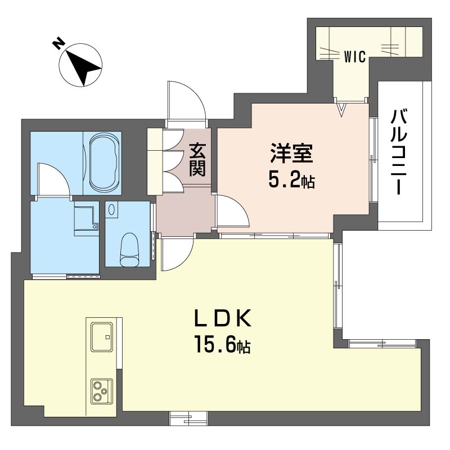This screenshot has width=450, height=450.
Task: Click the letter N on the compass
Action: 57,43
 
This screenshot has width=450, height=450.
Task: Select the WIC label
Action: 355,56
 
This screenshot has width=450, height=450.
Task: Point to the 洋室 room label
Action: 291,154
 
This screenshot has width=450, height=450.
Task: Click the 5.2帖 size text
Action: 291,181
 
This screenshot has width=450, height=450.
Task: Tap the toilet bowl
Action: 130,247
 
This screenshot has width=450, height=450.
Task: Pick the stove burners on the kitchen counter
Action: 102,390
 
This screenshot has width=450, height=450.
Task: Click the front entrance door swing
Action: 186,101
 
